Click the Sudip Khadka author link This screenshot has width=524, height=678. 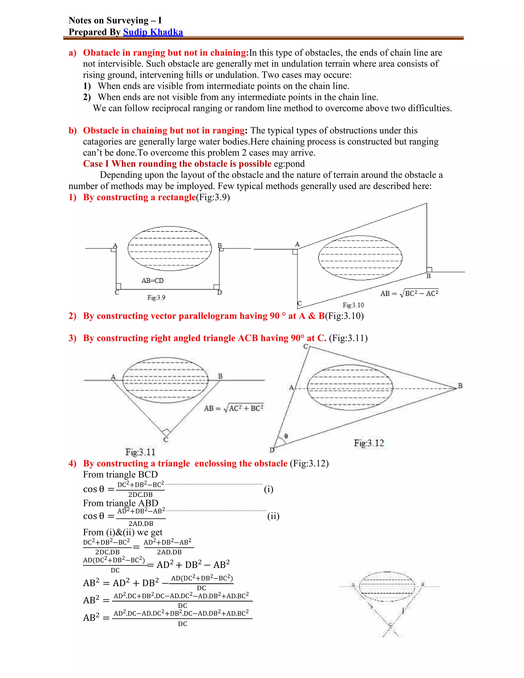(x=153, y=32)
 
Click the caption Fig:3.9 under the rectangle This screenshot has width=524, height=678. (x=156, y=297)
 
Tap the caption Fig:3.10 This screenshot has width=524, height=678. (x=353, y=305)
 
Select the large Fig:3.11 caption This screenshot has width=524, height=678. (x=140, y=452)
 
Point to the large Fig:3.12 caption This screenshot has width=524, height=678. (x=369, y=443)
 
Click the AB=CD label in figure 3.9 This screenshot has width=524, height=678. (x=152, y=281)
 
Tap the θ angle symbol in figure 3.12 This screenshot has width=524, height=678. (x=286, y=436)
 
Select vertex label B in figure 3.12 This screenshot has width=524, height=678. (x=460, y=386)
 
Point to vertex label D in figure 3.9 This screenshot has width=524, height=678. (x=220, y=292)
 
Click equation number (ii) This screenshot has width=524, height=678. (x=273, y=516)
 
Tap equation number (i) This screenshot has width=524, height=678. (x=268, y=489)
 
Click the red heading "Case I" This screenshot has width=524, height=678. (x=96, y=163)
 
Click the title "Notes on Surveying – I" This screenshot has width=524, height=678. (x=115, y=20)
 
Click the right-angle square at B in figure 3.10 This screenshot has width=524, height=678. (x=429, y=269)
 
